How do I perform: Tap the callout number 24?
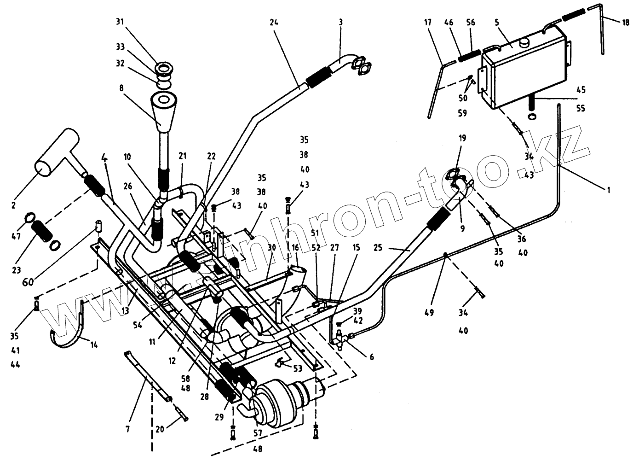(274, 23)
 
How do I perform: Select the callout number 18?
(626, 22)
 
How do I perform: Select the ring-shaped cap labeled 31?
(164, 69)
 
